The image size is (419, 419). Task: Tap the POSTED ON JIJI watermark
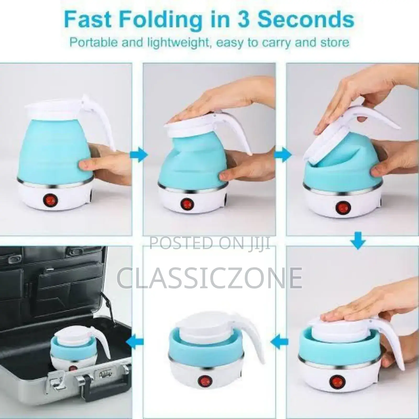click(210, 243)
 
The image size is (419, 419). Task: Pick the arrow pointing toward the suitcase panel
click(135, 341)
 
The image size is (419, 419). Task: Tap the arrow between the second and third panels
click(283, 155)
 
